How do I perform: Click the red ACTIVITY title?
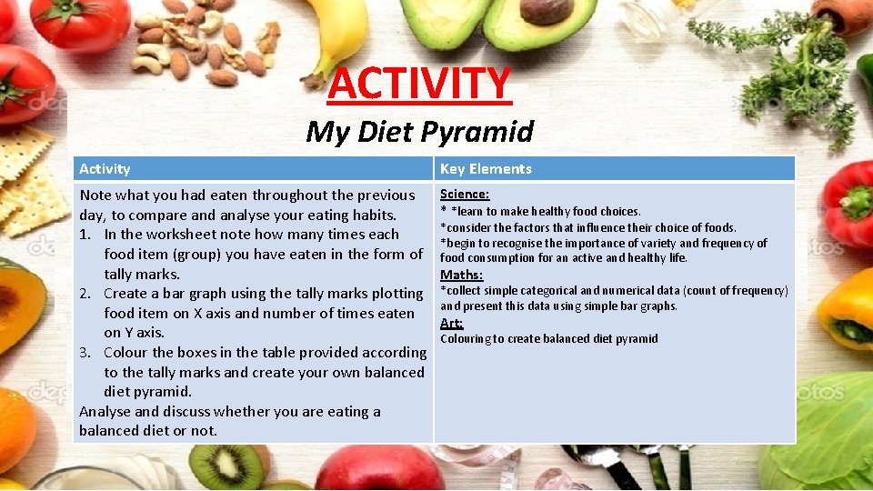coord(419,83)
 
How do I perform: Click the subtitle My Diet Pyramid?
coord(419,132)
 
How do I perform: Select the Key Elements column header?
coord(486,168)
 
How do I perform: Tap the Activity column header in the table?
coord(105,168)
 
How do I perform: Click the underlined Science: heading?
coord(465,194)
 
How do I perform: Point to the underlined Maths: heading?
coord(461,275)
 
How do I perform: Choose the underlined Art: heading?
coord(452,323)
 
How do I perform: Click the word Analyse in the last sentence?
coord(105,412)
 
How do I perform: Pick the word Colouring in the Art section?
coord(465,339)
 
